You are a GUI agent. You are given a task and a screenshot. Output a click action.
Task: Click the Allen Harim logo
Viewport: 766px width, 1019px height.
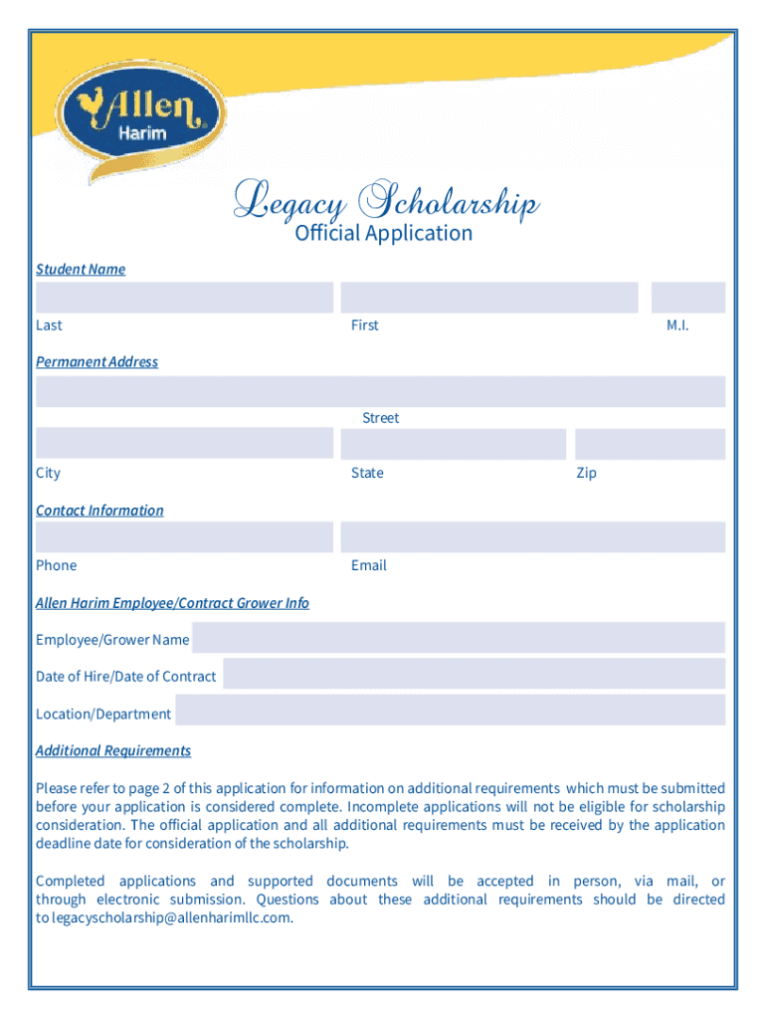[x=139, y=117]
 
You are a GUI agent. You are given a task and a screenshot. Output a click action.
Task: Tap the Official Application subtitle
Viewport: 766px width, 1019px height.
[x=384, y=234]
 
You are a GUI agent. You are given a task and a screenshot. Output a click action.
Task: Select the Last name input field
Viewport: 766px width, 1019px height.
[x=184, y=298]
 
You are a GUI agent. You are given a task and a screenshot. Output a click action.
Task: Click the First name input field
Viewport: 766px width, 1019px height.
[x=488, y=298]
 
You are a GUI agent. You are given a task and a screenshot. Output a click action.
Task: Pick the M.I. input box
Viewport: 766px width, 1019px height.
[x=688, y=298]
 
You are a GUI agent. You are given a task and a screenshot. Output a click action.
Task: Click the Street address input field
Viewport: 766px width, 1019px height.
[x=381, y=391]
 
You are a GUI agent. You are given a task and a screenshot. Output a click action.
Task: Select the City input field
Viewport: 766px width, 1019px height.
[x=184, y=443]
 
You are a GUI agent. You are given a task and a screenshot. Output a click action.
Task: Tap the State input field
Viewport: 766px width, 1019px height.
[x=453, y=443]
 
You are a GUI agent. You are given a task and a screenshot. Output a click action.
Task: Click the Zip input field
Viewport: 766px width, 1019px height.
[x=650, y=443]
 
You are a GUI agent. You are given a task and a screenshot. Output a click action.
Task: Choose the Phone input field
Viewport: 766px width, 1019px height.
[x=184, y=537]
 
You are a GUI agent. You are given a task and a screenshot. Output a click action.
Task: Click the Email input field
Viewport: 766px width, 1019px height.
[x=532, y=537]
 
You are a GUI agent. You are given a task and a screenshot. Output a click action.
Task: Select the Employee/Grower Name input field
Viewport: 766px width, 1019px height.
[x=459, y=638]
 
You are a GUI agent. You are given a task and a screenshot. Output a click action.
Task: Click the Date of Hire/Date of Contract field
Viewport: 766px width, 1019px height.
[x=475, y=675]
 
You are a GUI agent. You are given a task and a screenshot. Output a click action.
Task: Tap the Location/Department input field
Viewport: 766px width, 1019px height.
[x=451, y=712]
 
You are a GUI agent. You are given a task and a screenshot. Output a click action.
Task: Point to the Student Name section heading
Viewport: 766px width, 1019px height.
[x=81, y=269]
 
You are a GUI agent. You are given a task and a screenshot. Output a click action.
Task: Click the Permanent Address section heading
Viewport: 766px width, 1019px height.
[x=96, y=362]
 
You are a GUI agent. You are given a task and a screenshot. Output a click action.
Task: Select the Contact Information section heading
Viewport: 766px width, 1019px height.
[x=99, y=510]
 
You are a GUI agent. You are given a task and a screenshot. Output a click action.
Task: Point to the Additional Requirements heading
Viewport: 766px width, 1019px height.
[x=113, y=750]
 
